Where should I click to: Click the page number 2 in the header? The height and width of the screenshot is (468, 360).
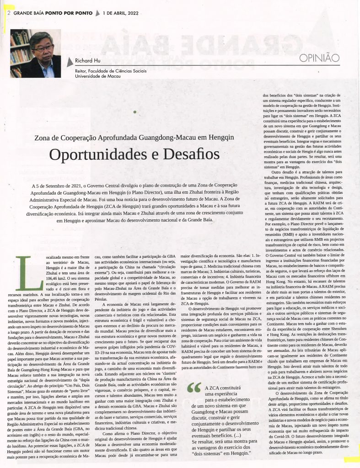click(x=9, y=13)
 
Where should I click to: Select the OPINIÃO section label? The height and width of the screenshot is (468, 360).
click(x=320, y=58)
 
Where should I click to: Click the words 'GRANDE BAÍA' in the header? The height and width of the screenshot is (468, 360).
click(x=29, y=13)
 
